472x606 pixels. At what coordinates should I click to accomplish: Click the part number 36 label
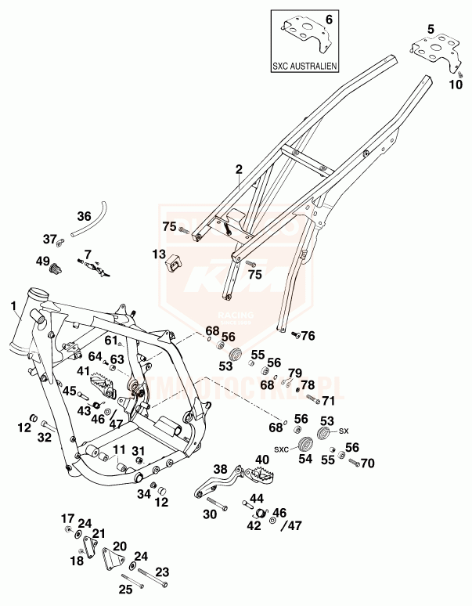tap(84, 217)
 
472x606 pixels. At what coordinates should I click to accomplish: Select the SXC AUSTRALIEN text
tap(305, 67)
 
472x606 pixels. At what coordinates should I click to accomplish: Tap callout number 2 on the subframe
tap(239, 168)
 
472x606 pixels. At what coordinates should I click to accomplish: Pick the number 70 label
tap(367, 463)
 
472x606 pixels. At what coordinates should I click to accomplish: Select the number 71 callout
tap(328, 400)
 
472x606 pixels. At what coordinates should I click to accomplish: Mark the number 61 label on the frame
tap(110, 340)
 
